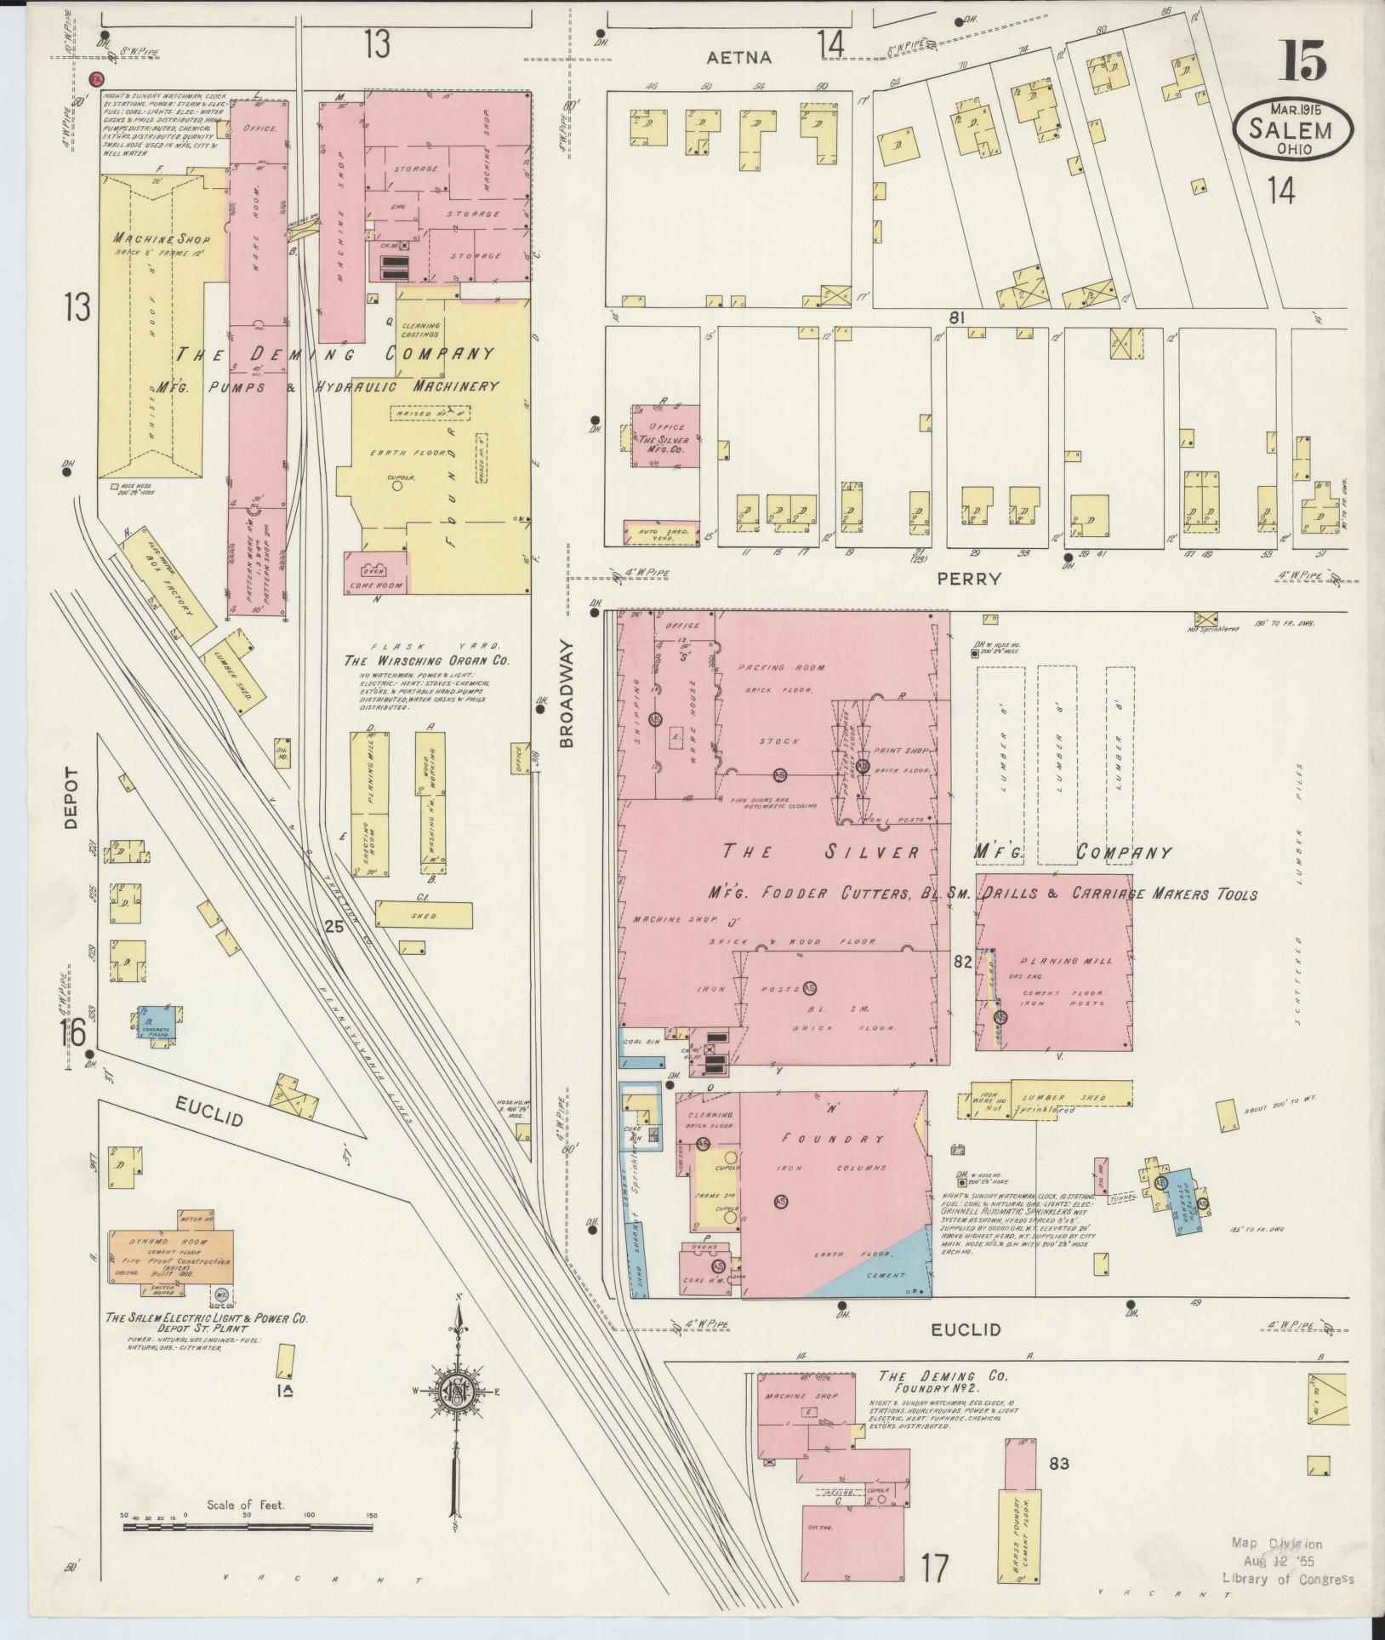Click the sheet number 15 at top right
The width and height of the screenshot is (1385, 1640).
pos(1301,62)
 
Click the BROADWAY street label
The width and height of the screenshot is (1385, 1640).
pos(567,694)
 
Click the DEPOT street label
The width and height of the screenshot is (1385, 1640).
pos(71,797)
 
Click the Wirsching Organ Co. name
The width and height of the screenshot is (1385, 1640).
pos(426,660)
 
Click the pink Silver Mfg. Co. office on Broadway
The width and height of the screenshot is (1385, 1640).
pos(665,436)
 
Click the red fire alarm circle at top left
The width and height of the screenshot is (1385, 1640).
pos(96,78)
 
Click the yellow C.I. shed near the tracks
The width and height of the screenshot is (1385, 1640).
pos(424,915)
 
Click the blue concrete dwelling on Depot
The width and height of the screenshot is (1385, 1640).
pos(158,1021)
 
